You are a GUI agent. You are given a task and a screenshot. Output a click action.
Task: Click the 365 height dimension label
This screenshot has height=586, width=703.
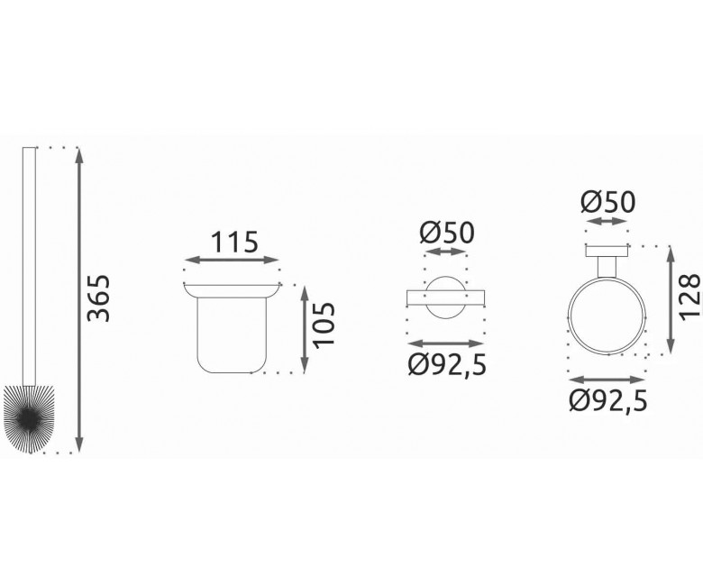[x=98, y=298]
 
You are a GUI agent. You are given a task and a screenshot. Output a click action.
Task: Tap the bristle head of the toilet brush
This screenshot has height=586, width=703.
[x=29, y=418]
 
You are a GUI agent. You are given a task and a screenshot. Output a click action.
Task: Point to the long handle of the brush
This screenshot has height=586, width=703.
[x=29, y=266]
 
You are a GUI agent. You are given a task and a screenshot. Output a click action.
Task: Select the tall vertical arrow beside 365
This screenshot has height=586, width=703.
[x=79, y=299]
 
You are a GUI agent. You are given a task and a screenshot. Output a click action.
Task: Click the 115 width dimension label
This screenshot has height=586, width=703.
[x=234, y=243]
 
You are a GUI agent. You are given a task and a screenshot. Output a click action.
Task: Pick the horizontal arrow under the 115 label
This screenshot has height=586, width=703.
[x=232, y=260]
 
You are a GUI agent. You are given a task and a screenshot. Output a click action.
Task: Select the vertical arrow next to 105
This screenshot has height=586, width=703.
[x=305, y=329]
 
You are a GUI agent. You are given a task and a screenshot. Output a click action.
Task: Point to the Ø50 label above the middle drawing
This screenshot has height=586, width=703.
[x=446, y=233]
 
